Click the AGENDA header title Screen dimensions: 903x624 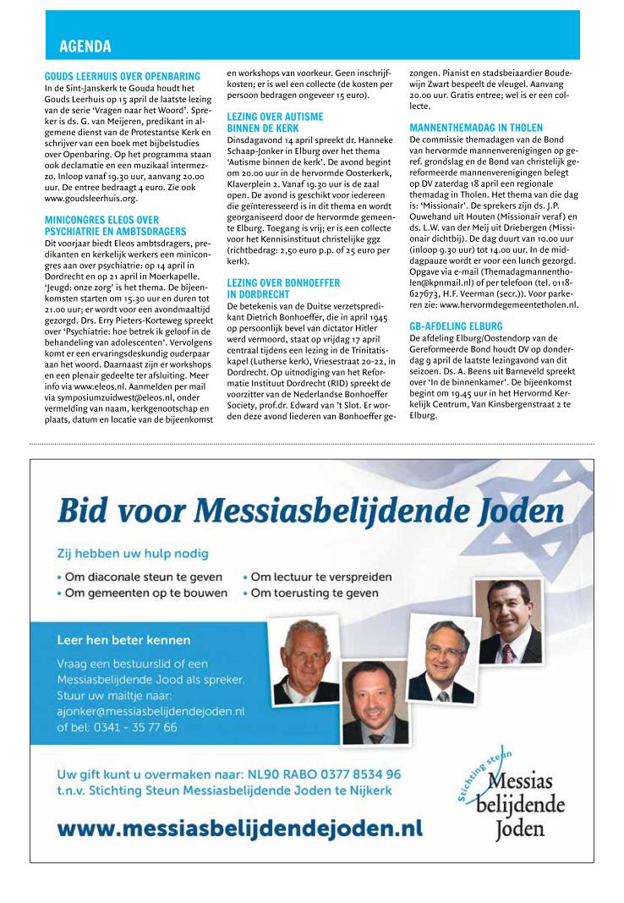pyautogui.click(x=85, y=46)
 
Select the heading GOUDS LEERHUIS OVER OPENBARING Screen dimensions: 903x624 pyautogui.click(x=122, y=76)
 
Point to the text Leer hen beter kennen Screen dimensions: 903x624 pyautogui.click(x=123, y=639)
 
